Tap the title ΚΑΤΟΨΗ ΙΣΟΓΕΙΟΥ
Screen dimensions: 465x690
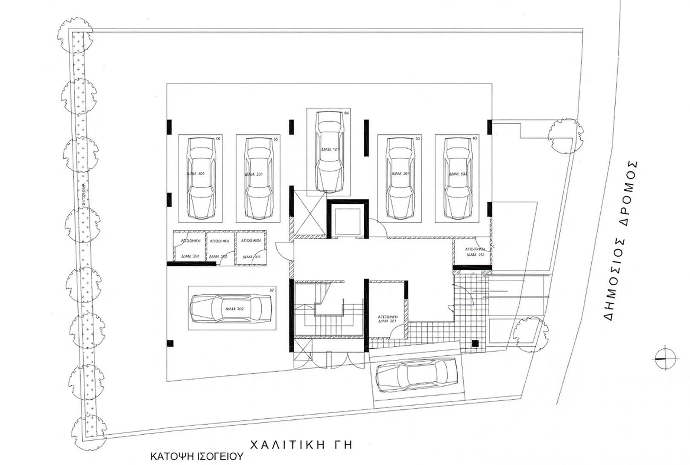(196, 456)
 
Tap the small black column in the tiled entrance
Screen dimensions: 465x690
(475, 343)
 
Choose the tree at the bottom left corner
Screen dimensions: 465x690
(86, 427)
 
